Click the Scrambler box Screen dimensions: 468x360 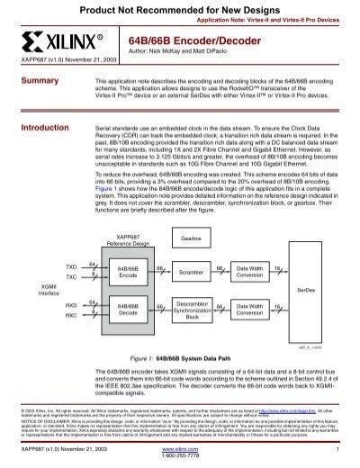190,271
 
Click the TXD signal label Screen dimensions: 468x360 71,266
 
